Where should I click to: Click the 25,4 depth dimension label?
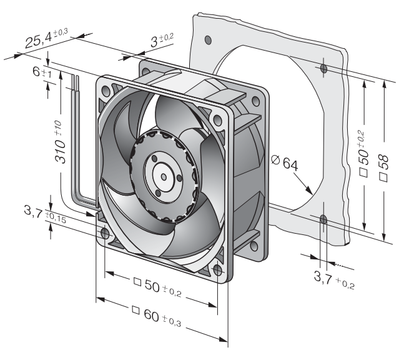(46, 38)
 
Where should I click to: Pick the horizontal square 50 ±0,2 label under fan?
(157, 287)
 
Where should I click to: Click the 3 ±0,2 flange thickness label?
(162, 41)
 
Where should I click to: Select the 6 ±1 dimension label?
(42, 72)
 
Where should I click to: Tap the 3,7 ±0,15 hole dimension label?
(45, 214)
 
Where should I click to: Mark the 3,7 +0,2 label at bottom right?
(334, 279)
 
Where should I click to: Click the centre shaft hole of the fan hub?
(164, 177)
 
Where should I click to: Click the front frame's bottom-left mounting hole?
(105, 234)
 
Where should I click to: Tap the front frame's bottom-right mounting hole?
(217, 270)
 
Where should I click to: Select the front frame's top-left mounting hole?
(106, 91)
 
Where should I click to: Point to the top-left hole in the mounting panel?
(208, 40)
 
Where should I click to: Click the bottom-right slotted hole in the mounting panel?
(323, 220)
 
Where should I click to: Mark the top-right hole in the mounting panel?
(323, 69)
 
